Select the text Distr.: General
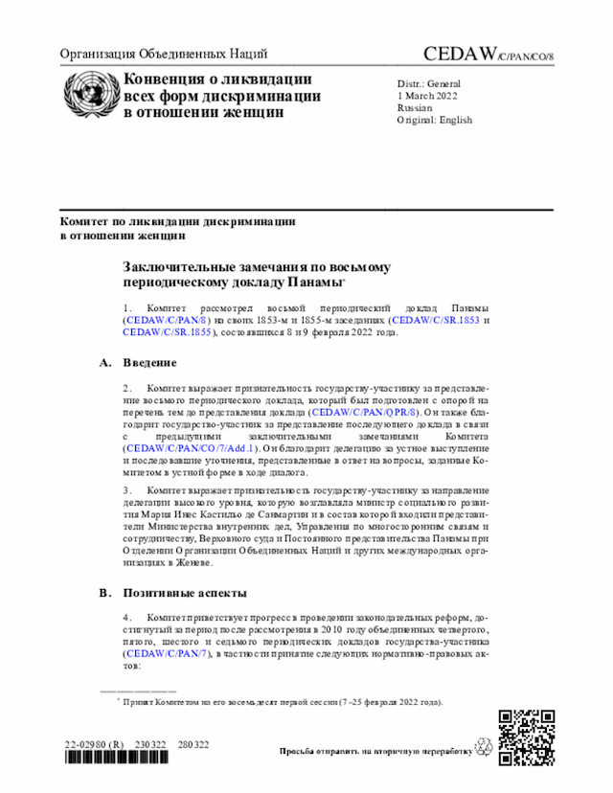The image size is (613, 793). [x=429, y=83]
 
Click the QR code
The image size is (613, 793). [x=526, y=736]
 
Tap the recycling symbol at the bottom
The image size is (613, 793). [x=482, y=749]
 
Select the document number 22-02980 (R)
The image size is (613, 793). [x=94, y=744]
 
